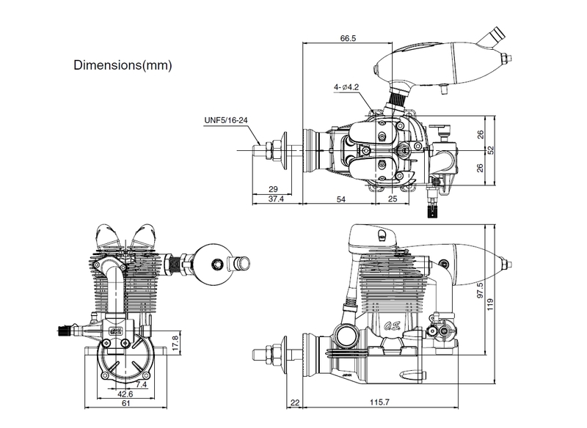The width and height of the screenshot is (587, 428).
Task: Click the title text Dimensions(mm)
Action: (123, 65)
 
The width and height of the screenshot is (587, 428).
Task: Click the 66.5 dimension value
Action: (348, 37)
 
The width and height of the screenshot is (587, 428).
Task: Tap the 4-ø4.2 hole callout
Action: (345, 87)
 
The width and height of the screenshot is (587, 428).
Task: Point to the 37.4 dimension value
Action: (276, 199)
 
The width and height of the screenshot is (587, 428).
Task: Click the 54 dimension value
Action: (340, 199)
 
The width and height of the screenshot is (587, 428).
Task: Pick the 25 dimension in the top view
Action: (393, 199)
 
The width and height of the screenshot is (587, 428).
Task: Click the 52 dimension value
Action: (491, 150)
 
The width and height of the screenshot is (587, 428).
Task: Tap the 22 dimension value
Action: (294, 403)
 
